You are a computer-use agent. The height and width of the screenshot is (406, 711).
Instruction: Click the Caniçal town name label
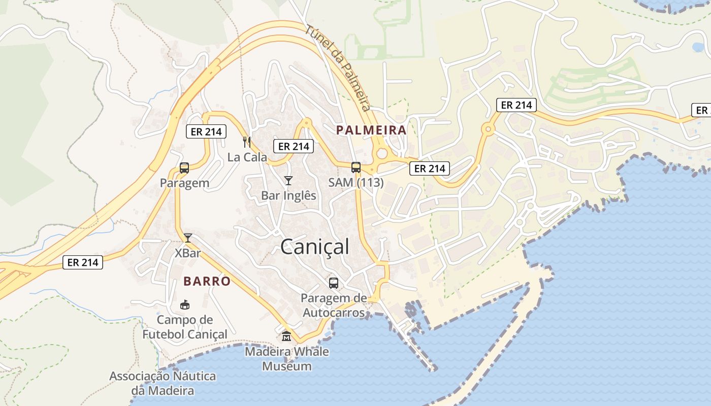pos(315,247)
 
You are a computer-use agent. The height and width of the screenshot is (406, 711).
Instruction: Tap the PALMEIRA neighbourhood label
pos(371,130)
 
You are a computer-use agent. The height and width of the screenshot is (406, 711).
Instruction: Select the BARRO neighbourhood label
pos(207,281)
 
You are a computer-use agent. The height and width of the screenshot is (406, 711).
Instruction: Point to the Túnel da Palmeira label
pos(337,67)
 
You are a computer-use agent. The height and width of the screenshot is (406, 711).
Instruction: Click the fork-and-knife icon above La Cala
pos(247,142)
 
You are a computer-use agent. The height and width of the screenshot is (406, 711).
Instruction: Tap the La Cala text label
pos(247,157)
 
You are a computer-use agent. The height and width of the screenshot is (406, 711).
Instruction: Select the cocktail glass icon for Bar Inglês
pos(288,181)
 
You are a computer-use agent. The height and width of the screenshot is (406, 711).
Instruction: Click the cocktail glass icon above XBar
pos(188,238)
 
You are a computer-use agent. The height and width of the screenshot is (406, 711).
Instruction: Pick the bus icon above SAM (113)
pos(356,167)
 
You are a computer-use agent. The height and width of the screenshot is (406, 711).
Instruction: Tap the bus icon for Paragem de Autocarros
pos(334,283)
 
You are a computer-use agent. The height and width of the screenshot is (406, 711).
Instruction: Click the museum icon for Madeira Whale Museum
pos(286,336)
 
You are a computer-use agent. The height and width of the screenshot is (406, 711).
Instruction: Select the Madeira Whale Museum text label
pos(287,359)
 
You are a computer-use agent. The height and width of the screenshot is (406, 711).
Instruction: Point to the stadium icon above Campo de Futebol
pos(185,305)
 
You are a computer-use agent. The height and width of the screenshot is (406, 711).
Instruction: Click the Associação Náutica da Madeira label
pos(163,384)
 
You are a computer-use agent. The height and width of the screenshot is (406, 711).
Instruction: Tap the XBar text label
pos(187,253)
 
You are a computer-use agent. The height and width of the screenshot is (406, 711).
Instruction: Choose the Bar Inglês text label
pos(288,195)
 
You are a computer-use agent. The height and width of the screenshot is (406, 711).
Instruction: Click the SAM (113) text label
pos(355,183)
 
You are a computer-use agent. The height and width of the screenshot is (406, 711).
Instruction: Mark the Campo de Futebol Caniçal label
pos(185,327)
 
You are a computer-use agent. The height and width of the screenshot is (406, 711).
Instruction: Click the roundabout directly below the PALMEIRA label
pos(381,154)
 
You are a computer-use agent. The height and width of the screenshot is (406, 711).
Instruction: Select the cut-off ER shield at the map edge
pos(701,110)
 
